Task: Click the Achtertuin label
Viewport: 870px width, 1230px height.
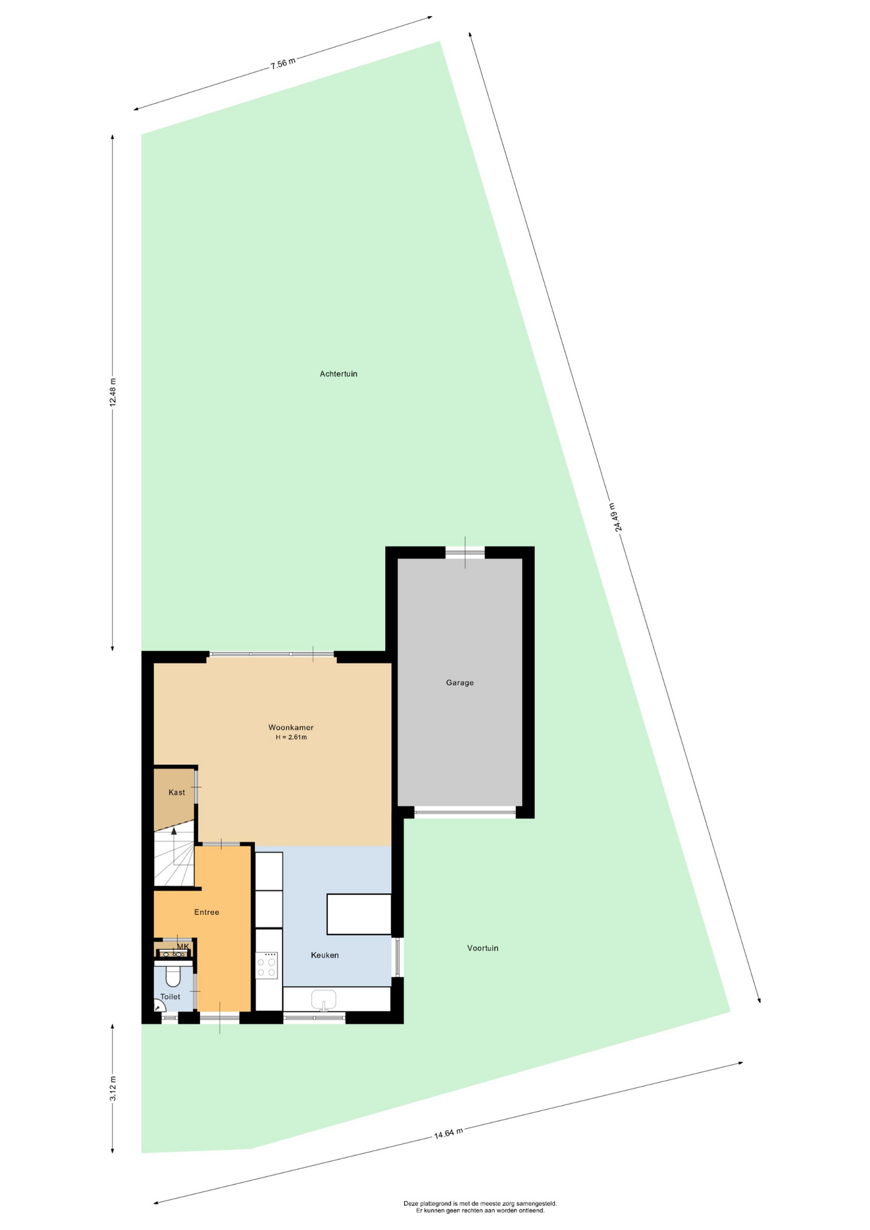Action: (338, 373)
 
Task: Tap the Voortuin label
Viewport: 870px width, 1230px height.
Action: (482, 948)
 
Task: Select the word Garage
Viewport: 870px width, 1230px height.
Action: (460, 683)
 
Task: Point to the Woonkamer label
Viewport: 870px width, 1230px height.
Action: (291, 728)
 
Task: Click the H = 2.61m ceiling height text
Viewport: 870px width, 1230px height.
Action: (291, 737)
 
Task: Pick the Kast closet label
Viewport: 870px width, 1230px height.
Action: (177, 792)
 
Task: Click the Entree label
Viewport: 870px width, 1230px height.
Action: (207, 912)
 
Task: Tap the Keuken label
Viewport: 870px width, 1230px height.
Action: (325, 955)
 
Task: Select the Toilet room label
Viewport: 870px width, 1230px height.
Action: (170, 997)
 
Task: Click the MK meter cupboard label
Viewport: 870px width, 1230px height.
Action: (183, 947)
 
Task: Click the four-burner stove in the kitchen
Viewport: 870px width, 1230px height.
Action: (267, 965)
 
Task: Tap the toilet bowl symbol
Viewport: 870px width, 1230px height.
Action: (173, 975)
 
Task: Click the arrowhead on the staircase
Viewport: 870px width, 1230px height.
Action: (174, 831)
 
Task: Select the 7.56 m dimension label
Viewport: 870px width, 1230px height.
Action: (283, 63)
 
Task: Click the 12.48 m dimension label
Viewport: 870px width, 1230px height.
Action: (113, 392)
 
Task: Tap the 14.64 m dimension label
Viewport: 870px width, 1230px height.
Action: (448, 1133)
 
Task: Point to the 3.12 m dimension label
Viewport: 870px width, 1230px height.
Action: (113, 1088)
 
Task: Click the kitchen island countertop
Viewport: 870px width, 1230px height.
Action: (359, 914)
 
